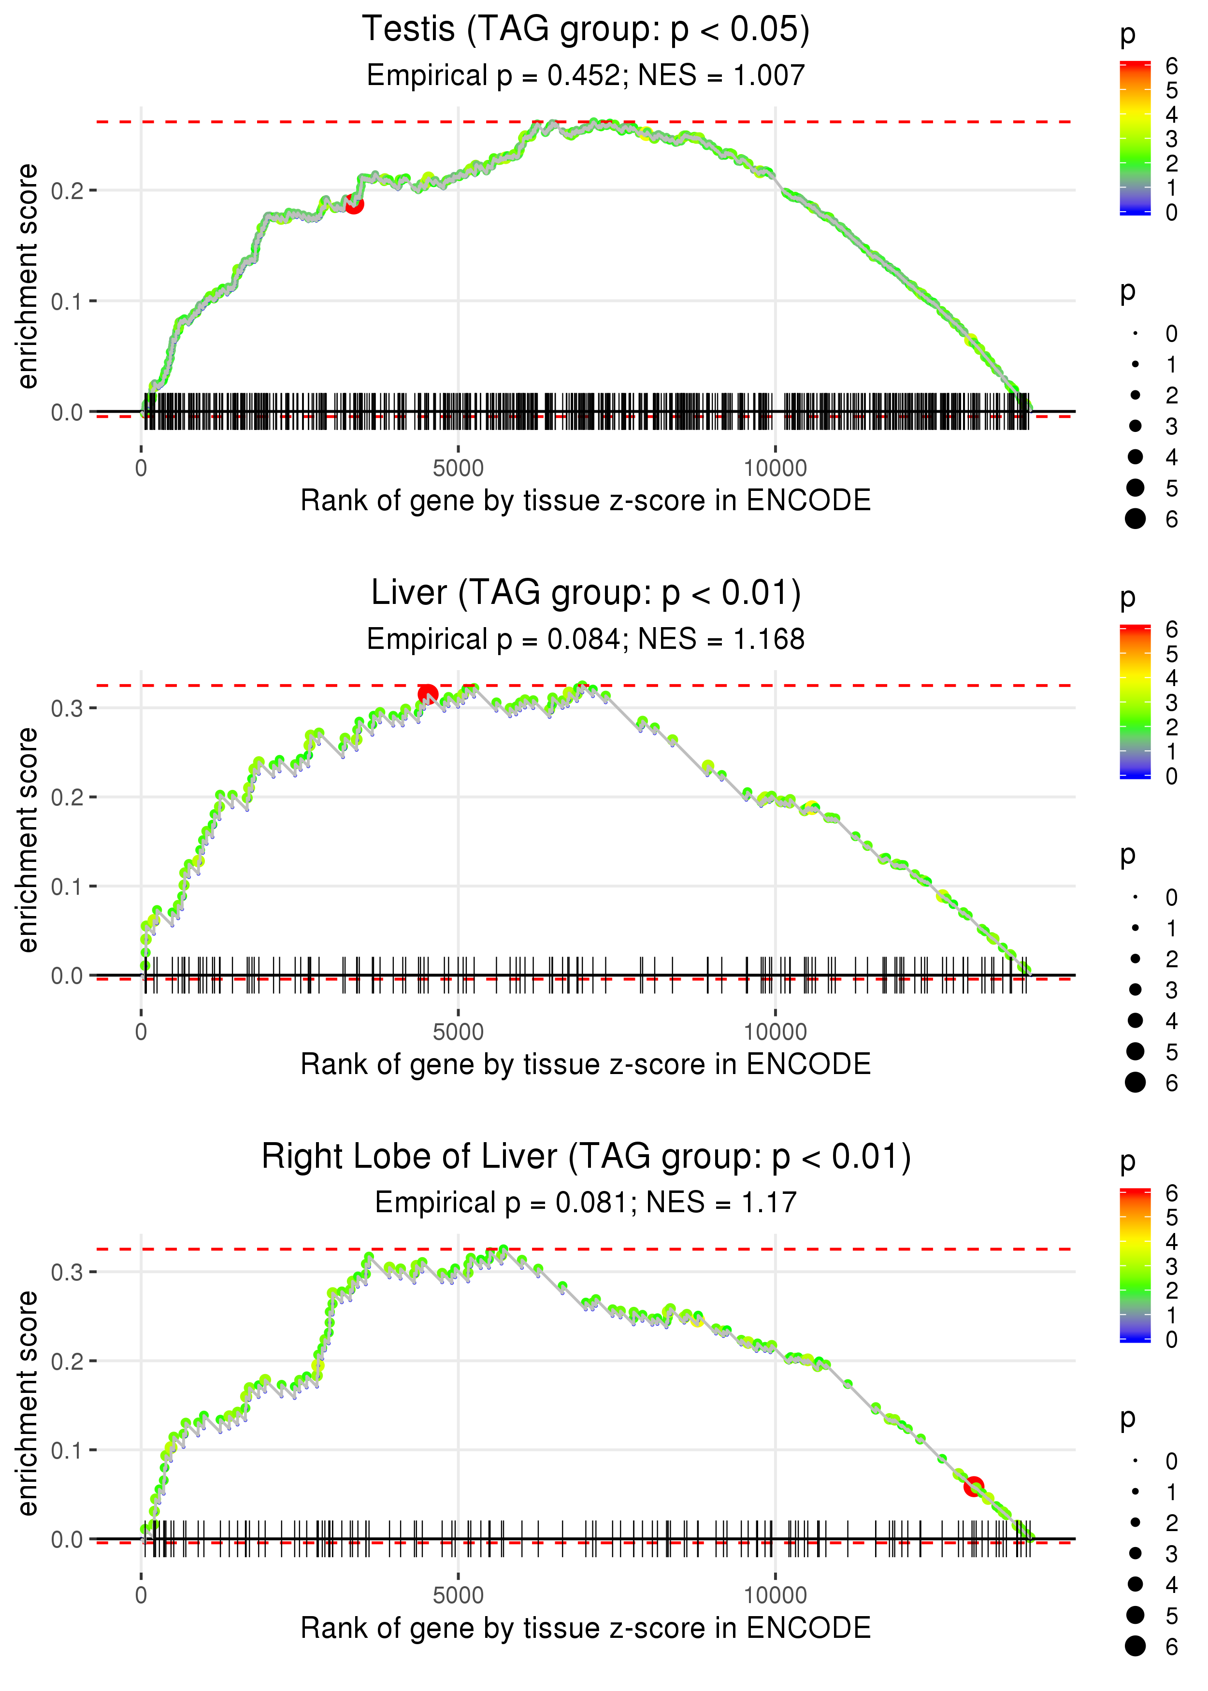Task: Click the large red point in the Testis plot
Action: coord(354,204)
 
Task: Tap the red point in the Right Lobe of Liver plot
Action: coord(974,1487)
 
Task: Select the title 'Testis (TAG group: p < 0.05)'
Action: coord(586,30)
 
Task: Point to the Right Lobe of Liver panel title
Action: coord(586,1157)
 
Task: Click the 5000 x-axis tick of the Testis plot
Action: coord(458,469)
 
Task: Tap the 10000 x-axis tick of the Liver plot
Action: coord(775,1032)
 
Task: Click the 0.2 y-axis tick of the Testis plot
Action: coord(67,191)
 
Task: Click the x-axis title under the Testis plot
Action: coord(586,501)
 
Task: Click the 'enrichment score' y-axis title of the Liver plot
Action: coord(28,840)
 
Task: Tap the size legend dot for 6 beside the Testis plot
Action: coord(1135,518)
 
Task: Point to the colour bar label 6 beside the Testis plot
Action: coord(1172,66)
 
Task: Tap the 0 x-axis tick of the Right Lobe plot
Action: coord(141,1595)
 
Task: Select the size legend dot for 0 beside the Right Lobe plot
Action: coord(1135,1461)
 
